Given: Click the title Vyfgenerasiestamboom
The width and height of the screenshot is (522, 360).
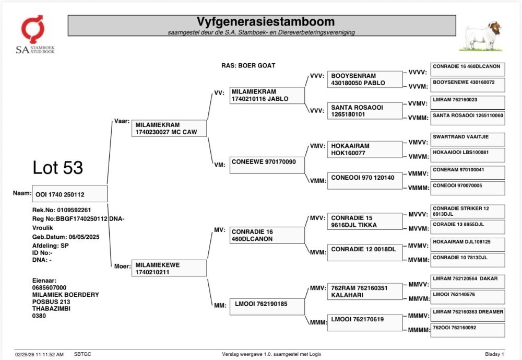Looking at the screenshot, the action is [265, 21].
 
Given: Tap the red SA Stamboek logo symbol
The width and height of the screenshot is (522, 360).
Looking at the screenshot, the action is [32, 29].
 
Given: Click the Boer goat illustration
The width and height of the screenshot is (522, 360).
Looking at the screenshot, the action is [481, 36].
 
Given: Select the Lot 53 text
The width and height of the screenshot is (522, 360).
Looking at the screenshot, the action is [57, 167].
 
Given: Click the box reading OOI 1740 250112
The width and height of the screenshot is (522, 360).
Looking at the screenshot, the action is [69, 194].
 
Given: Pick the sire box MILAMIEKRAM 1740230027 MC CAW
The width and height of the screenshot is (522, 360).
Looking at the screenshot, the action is [169, 129].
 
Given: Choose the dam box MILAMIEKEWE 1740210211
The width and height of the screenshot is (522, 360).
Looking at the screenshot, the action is [169, 269].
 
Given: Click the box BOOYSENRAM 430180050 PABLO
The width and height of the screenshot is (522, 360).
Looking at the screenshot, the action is [365, 79].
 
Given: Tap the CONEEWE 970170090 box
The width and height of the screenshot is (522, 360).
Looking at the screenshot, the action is [267, 165].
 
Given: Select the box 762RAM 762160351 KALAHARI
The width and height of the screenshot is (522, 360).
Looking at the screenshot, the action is [365, 292].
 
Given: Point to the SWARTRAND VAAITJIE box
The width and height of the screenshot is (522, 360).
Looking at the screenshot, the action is [468, 140].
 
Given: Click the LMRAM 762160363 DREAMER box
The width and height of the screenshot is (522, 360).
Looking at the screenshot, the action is [468, 315].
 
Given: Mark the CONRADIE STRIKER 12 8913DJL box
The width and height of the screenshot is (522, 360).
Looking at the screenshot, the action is [468, 211].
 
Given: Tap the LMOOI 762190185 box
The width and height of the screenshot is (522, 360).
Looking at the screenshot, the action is [267, 307].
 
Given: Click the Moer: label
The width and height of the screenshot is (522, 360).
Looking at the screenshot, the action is [122, 266].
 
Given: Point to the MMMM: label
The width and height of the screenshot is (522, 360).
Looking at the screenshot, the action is [419, 330].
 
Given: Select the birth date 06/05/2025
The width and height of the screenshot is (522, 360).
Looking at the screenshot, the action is [84, 237].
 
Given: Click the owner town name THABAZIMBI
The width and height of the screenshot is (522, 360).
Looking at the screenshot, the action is [51, 309].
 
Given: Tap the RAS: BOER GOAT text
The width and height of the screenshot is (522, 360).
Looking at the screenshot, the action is [248, 66].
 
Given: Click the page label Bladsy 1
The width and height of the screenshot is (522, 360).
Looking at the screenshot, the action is [495, 354].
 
